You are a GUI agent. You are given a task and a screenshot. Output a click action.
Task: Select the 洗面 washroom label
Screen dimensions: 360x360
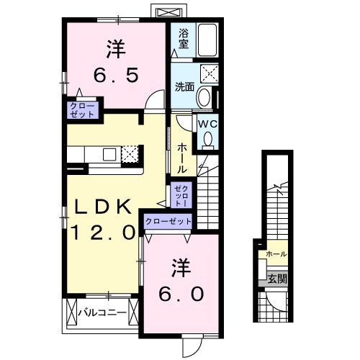(x=185, y=87)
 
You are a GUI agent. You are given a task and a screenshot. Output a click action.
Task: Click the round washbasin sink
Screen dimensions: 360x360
(x=204, y=97)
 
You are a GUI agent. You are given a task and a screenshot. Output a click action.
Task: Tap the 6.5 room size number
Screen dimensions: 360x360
(x=112, y=75)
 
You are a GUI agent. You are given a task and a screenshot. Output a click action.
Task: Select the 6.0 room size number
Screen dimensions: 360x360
(x=181, y=294)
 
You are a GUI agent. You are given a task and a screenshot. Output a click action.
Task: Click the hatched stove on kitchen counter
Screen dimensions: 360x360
(x=130, y=153)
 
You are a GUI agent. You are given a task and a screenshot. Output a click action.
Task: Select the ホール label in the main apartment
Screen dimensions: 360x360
(x=182, y=156)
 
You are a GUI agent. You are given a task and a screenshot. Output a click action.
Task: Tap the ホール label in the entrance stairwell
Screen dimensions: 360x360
(x=276, y=254)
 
